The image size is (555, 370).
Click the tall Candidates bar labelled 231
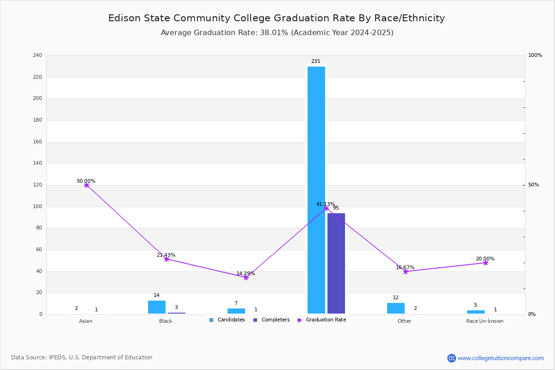click(x=316, y=190)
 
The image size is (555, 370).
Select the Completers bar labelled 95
click(x=336, y=264)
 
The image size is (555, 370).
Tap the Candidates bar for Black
click(x=157, y=307)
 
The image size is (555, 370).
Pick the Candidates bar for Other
click(x=396, y=308)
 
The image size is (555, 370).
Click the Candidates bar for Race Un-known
click(x=476, y=312)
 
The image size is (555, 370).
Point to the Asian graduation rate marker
click(x=86, y=185)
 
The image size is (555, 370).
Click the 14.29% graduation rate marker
click(x=246, y=278)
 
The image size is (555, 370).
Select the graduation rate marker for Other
click(x=406, y=271)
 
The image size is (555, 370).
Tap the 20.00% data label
click(x=485, y=259)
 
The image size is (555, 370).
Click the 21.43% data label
click(x=166, y=255)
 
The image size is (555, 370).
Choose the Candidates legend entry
click(x=227, y=320)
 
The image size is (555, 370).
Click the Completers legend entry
click(x=271, y=320)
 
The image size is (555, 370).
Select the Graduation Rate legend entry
click(x=321, y=320)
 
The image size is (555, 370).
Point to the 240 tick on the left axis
click(x=37, y=55)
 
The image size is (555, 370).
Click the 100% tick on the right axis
click(x=535, y=55)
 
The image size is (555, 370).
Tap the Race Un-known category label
click(x=485, y=321)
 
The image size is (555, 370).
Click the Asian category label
click(x=86, y=321)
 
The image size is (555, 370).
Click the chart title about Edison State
click(x=277, y=18)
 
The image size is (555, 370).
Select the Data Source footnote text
click(x=82, y=358)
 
